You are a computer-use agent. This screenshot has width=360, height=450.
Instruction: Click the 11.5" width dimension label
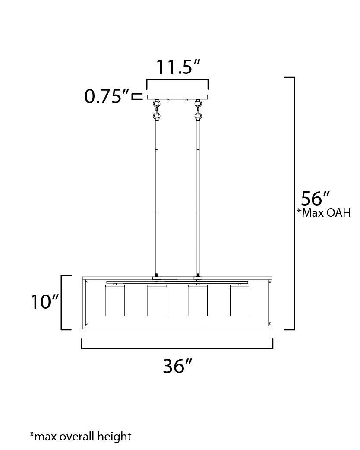click(x=178, y=67)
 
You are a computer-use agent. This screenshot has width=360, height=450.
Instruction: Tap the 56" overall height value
click(x=315, y=199)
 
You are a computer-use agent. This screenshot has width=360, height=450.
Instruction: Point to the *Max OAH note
click(x=323, y=213)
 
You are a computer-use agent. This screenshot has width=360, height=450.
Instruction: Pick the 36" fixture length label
click(x=177, y=366)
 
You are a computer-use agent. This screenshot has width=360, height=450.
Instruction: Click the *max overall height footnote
click(x=80, y=436)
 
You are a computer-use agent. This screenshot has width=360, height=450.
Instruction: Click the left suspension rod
click(x=156, y=194)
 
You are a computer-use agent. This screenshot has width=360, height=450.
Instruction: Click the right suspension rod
click(x=199, y=194)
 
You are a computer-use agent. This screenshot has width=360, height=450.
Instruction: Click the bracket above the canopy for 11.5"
click(x=178, y=80)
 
